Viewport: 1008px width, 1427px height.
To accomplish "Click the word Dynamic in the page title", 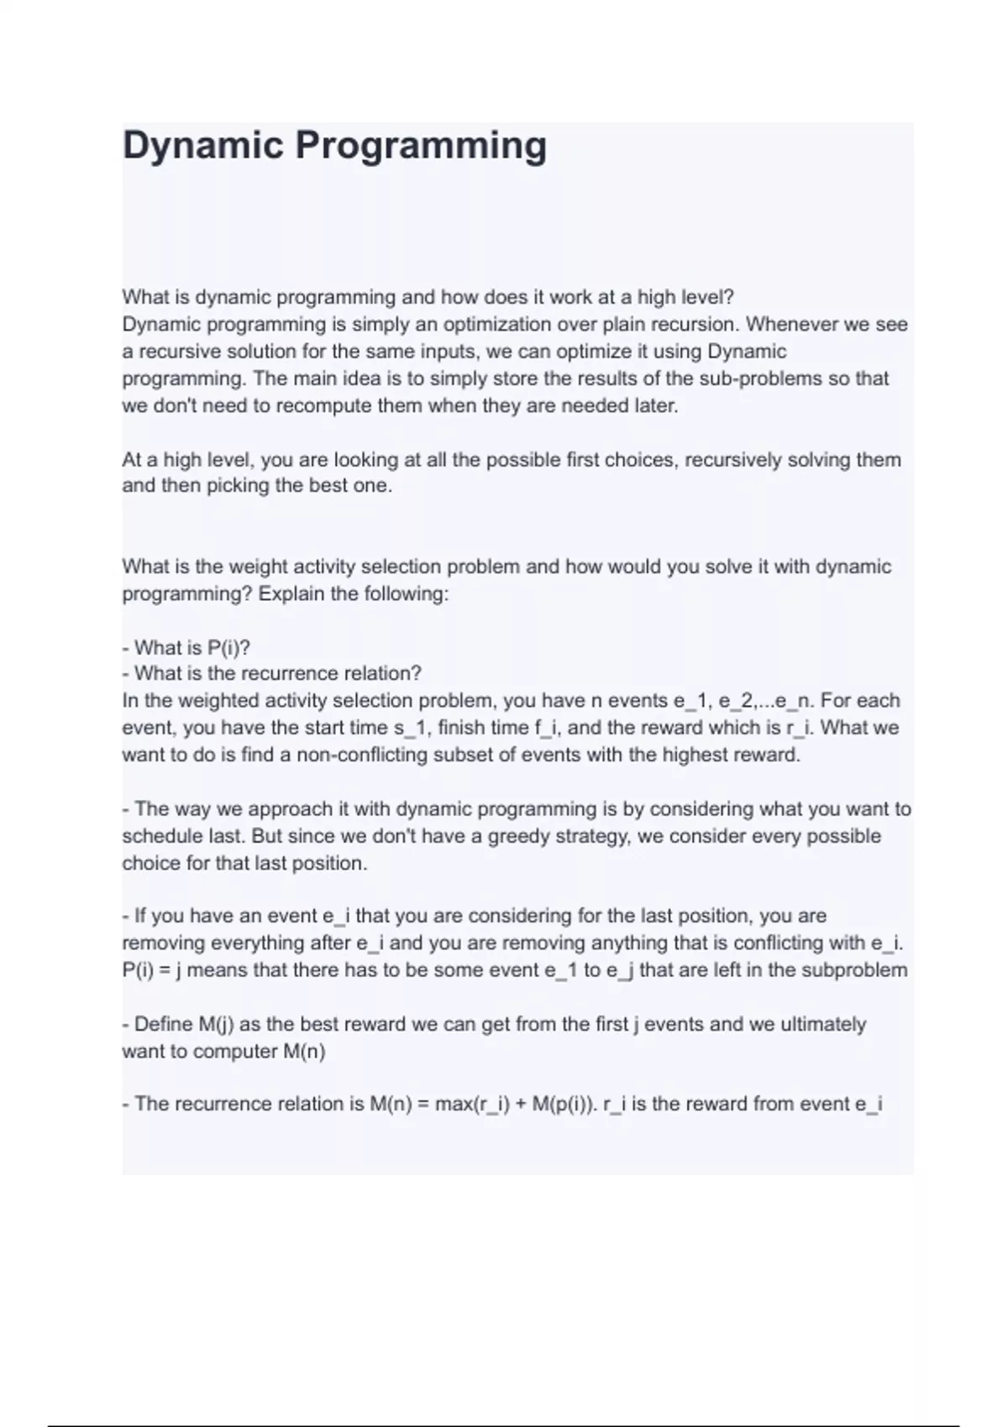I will click(201, 146).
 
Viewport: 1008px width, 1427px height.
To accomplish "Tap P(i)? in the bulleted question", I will click(228, 648).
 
